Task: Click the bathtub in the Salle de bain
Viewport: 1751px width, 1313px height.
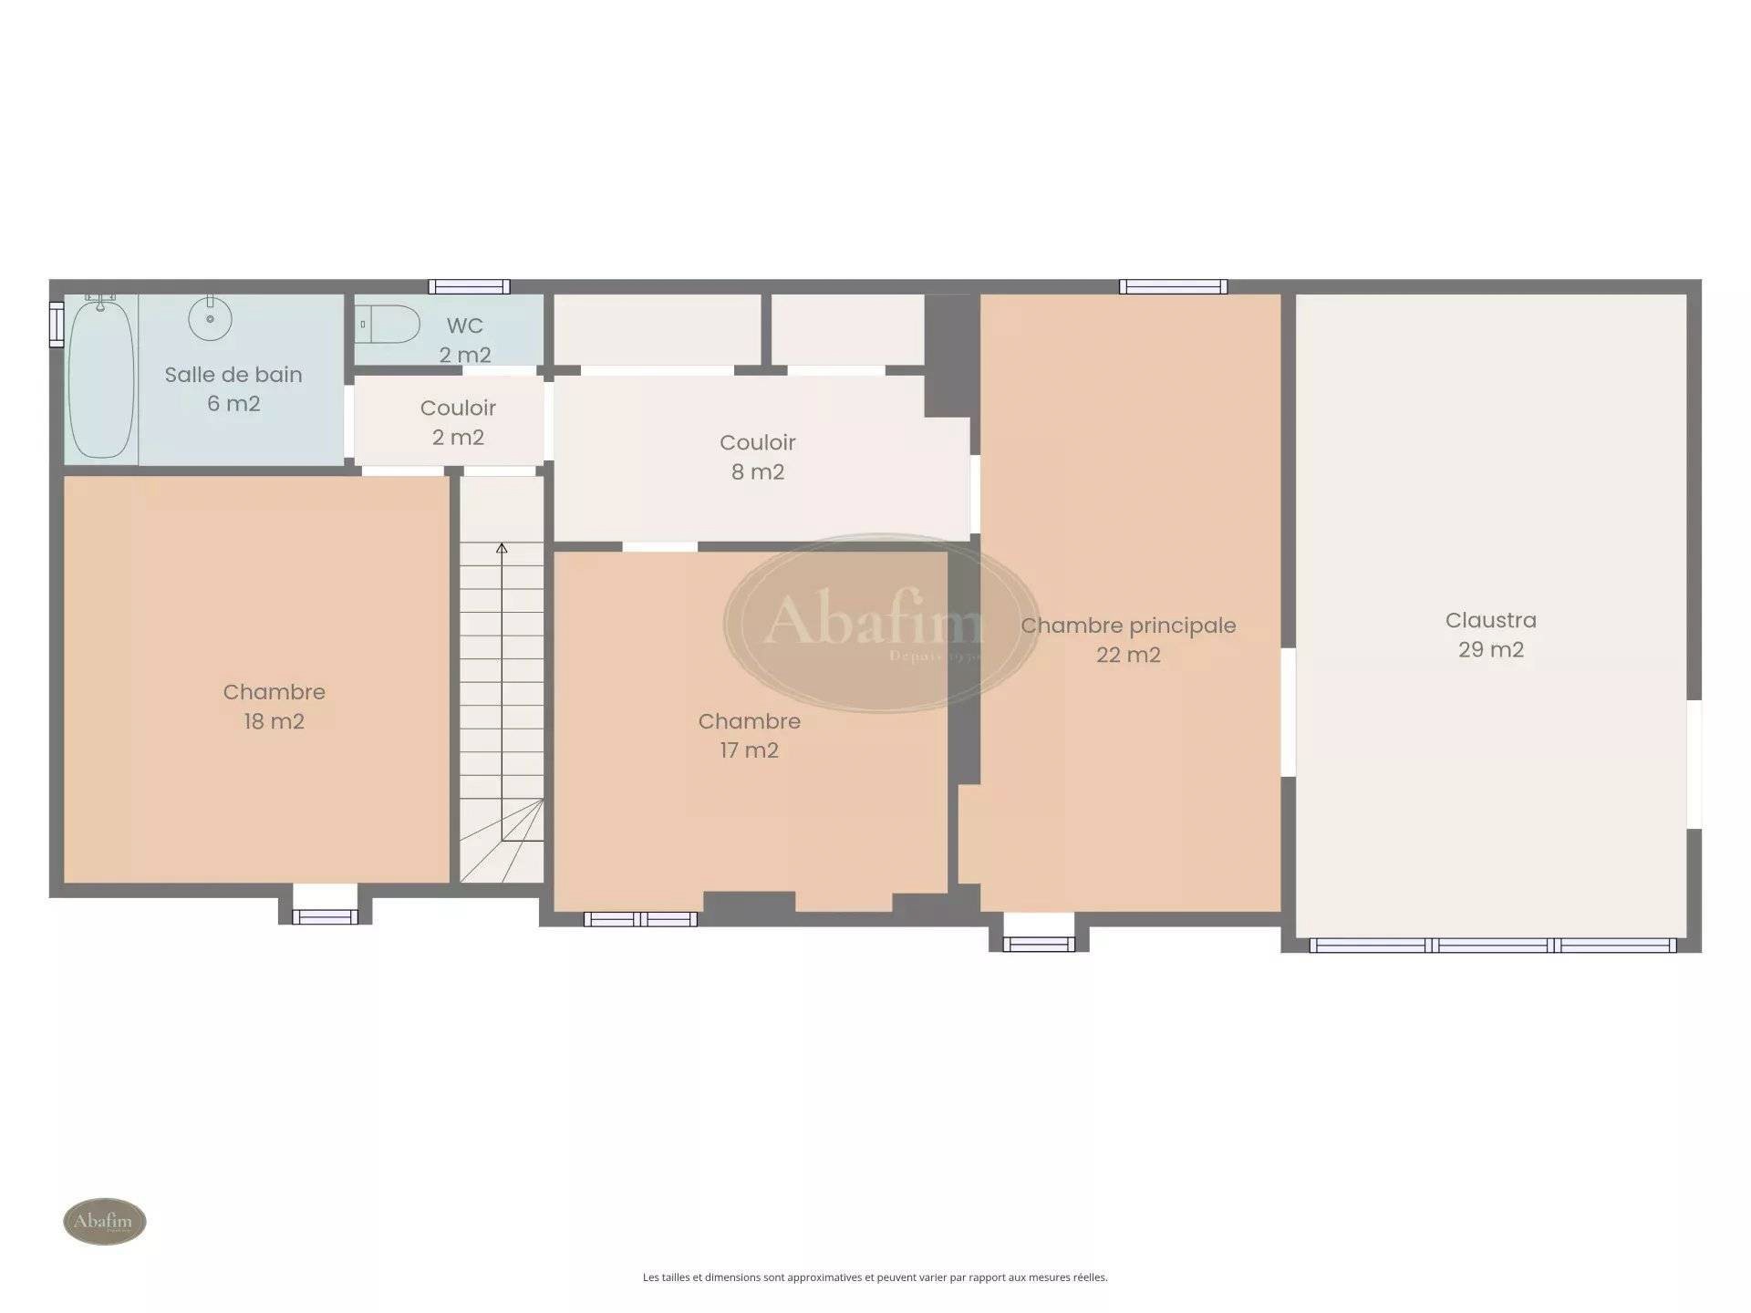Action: coord(101,377)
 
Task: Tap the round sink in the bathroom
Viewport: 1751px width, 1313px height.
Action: coord(210,318)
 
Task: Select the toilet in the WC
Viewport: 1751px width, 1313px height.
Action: coord(389,324)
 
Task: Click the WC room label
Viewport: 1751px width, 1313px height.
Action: coord(465,340)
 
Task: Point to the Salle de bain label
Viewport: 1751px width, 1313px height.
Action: coord(233,388)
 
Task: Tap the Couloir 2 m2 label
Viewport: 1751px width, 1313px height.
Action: coord(458,422)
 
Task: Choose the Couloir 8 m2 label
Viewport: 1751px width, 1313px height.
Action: coord(758,457)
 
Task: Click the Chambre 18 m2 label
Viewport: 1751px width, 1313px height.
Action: coord(275,706)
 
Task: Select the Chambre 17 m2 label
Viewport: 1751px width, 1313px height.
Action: coord(750,735)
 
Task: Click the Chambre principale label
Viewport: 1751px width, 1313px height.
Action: coord(1128,639)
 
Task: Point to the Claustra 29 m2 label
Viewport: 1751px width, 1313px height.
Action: coord(1491,635)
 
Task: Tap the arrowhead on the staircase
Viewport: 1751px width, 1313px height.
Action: coord(502,548)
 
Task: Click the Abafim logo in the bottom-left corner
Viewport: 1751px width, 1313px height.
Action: coord(105,1221)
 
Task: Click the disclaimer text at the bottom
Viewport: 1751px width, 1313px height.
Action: coord(875,1277)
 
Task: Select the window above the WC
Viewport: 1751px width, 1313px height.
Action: coord(469,286)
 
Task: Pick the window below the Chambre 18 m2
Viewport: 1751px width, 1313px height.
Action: coord(325,916)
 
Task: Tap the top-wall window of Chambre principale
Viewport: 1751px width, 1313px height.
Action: coord(1173,286)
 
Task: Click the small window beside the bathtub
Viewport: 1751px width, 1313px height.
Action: coord(57,324)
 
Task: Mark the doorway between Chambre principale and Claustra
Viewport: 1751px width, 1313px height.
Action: coord(1289,712)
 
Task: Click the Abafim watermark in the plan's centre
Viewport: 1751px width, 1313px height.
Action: coord(880,623)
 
